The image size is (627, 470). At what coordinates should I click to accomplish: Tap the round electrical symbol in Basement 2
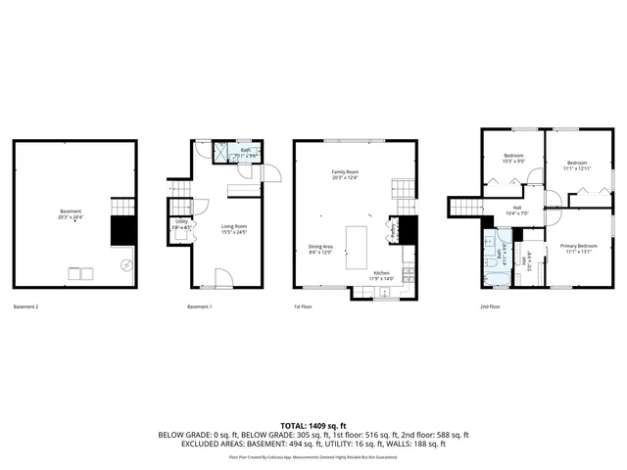125,265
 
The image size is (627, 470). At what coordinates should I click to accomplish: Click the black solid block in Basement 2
121,231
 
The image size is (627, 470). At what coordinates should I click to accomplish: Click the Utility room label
181,224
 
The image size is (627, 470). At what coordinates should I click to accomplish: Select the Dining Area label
321,249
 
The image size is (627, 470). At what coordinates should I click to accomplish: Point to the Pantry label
393,233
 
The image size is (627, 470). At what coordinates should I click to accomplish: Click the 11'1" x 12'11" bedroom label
576,164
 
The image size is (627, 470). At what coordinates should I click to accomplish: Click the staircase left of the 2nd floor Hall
466,207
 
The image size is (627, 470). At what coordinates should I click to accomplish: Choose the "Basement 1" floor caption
199,307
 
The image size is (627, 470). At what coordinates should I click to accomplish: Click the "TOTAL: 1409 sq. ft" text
313,426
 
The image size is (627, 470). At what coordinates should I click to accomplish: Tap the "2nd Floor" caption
490,307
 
